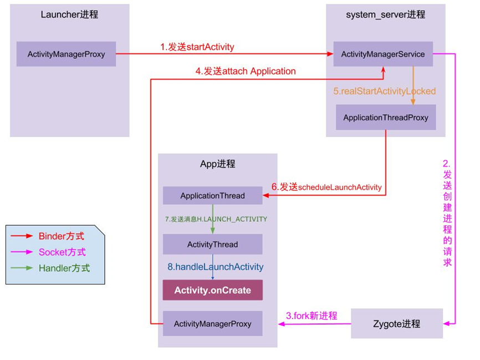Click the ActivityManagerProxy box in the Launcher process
66,54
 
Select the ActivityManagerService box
382,54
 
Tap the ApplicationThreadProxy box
385,118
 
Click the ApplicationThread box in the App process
212,196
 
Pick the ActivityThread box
212,244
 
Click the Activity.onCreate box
212,290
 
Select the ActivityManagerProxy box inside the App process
212,323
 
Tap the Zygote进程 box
397,324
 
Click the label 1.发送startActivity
197,47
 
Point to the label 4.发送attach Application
246,71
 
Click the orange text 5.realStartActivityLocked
384,91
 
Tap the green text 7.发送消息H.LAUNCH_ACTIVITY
216,219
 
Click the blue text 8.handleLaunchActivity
215,267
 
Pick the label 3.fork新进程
312,316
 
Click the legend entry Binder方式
62,236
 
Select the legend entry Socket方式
62,252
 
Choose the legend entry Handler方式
64,268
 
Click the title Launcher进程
69,15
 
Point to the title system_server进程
385,15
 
